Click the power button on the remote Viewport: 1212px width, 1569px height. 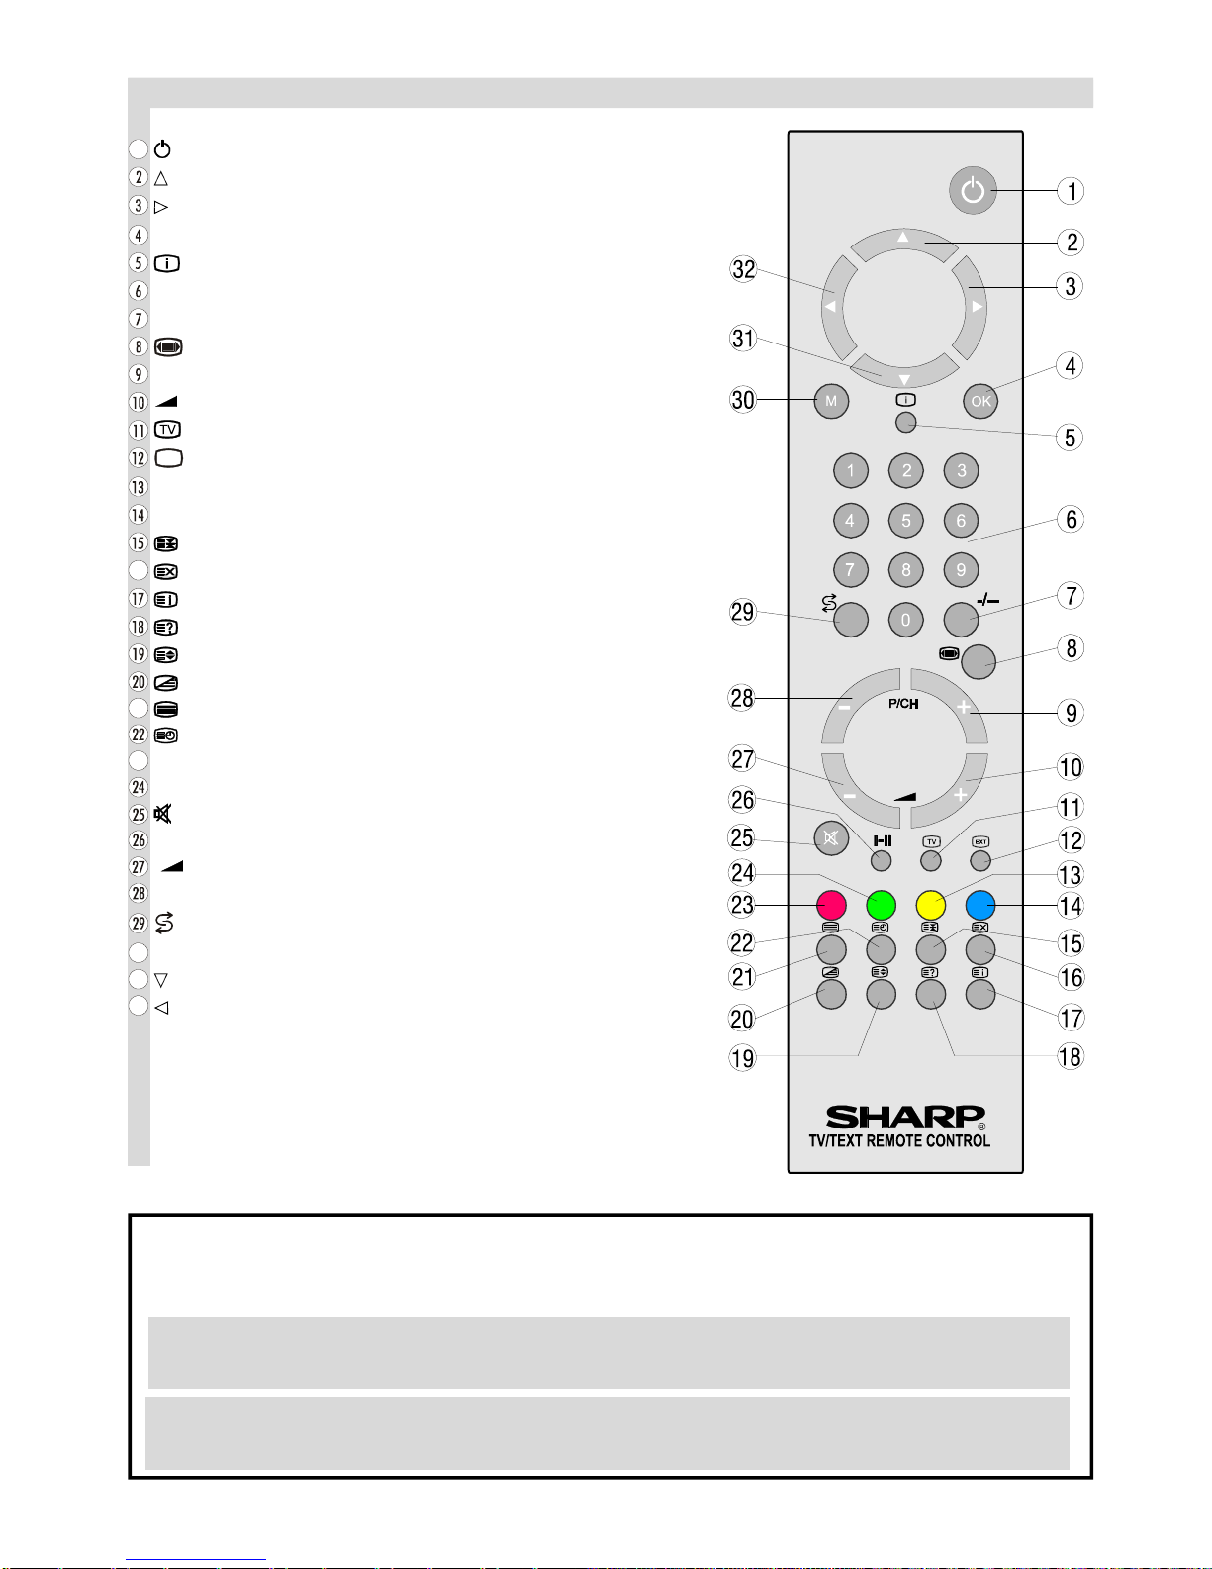[x=973, y=191]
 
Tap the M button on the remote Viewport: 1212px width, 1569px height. [x=831, y=401]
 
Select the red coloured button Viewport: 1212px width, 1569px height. [x=831, y=905]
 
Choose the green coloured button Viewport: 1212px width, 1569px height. [x=881, y=905]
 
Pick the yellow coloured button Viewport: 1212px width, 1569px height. [x=931, y=905]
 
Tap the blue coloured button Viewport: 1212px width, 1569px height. [x=980, y=905]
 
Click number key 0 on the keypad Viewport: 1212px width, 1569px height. [x=906, y=620]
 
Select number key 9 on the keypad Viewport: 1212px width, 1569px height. [x=961, y=570]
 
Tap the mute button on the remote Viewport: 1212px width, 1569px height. [x=831, y=838]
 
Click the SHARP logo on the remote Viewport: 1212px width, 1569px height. [x=905, y=1117]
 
